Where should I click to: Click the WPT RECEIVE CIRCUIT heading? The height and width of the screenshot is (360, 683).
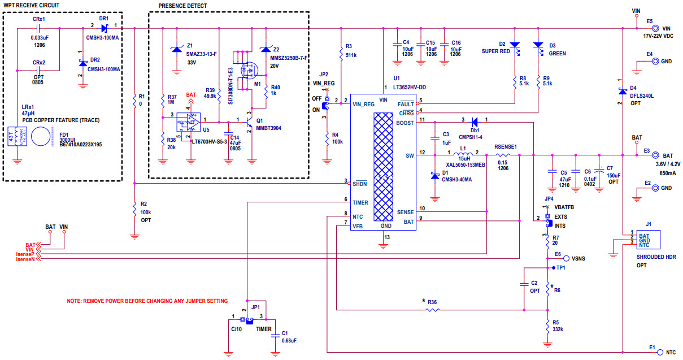32,5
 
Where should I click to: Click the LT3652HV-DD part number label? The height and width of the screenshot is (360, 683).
410,87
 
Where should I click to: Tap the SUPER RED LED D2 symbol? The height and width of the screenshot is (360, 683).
514,44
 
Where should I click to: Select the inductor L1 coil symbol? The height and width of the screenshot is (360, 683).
463,154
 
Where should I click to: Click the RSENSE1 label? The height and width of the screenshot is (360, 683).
506,145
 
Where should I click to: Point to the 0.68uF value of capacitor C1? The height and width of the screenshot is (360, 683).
289,341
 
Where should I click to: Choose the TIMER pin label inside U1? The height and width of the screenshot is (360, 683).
360,202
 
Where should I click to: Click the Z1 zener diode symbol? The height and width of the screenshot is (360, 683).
176,50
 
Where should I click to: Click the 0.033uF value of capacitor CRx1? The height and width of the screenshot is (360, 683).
39,38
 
